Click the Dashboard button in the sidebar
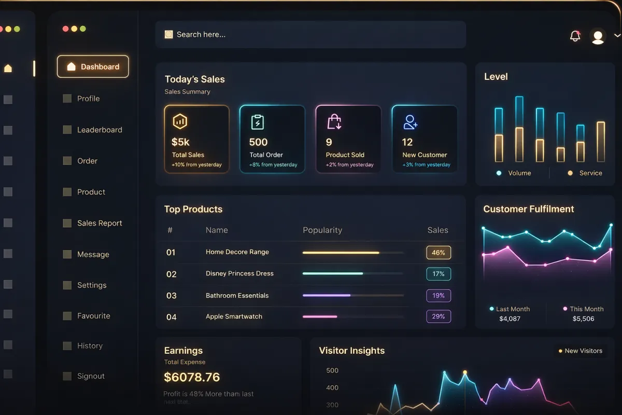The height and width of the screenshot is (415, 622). pos(93,67)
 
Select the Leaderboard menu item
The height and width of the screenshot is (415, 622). pos(100,130)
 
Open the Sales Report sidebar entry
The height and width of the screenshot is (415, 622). pos(100,223)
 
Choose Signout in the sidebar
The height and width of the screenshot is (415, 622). pos(91,376)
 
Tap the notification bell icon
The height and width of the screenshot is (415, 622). pos(575,36)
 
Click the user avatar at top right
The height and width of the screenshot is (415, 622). pos(598,37)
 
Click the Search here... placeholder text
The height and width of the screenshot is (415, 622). pos(201,35)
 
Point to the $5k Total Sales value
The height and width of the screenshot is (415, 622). pos(180,142)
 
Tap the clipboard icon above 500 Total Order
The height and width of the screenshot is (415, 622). pos(257,122)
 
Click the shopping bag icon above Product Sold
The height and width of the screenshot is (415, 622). pos(334,122)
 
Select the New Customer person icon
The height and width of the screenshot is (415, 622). pos(410,122)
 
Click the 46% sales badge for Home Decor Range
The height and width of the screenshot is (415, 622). pos(439,253)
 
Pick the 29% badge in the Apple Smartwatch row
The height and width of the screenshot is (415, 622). pos(439,316)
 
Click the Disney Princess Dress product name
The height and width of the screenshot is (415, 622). pos(239,273)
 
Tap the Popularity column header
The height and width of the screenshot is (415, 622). pos(322,230)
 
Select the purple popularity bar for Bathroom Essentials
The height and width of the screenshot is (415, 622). pos(327,295)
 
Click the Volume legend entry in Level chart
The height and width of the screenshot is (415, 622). pos(519,173)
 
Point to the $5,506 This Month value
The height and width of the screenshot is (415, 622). pos(583,319)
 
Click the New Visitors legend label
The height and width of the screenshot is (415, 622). pos(583,351)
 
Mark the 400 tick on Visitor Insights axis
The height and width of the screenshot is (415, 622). pos(332,388)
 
